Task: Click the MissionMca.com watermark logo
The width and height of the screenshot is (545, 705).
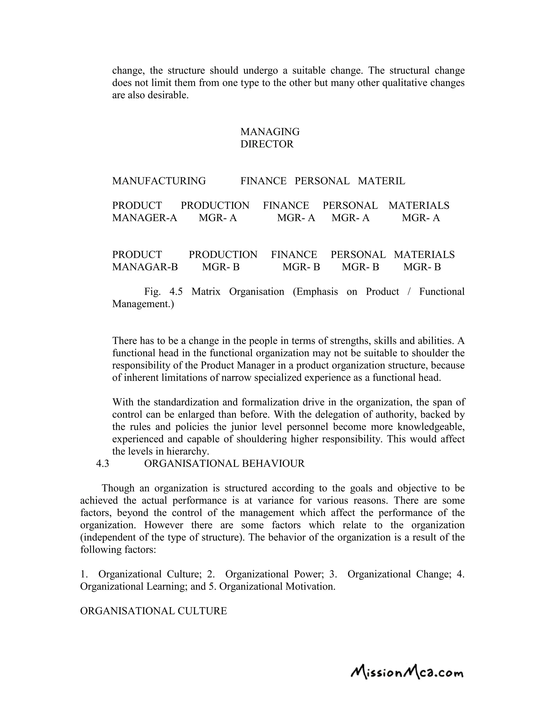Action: click(407, 672)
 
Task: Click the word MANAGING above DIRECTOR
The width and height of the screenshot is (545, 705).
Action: click(270, 132)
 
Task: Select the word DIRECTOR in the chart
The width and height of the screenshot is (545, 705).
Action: click(267, 144)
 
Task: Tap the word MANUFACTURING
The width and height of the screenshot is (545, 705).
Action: click(159, 181)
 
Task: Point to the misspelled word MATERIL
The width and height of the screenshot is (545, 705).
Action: click(381, 181)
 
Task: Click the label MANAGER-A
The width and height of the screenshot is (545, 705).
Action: click(145, 218)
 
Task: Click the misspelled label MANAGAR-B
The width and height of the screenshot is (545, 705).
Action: click(145, 267)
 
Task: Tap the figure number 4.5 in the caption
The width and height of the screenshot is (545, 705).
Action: click(176, 292)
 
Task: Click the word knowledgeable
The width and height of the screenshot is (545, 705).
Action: click(431, 427)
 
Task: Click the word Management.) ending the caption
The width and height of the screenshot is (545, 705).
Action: click(143, 304)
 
